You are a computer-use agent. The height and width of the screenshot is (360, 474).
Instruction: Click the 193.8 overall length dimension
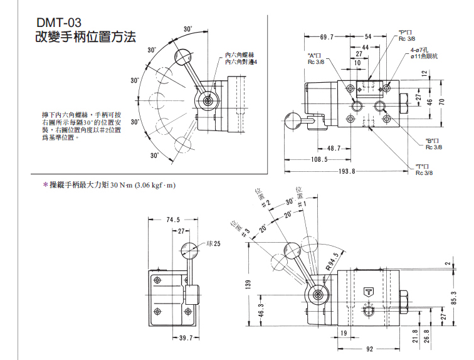[347, 171]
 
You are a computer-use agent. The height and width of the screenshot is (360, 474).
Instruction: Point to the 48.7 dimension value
[334, 148]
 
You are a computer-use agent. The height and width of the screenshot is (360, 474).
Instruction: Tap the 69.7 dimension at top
[327, 37]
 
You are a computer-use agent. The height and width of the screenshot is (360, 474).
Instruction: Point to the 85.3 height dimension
[455, 297]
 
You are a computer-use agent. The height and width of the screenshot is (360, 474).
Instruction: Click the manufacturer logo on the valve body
[367, 291]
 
